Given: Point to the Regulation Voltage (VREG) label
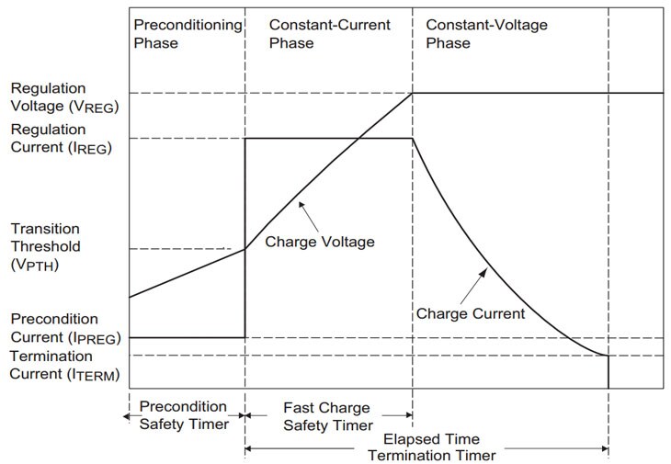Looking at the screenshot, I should click(65, 96).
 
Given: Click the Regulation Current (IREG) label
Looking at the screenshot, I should click(61, 139).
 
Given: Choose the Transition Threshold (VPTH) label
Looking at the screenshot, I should click(46, 246).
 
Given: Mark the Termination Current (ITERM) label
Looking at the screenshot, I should click(64, 365).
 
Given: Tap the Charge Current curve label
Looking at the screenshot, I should click(470, 313).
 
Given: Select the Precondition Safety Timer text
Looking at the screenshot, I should click(181, 414).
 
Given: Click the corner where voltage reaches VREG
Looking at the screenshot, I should click(413, 93).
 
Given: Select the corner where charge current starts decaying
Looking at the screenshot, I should click(413, 139).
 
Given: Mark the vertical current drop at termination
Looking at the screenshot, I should click(608, 370).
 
